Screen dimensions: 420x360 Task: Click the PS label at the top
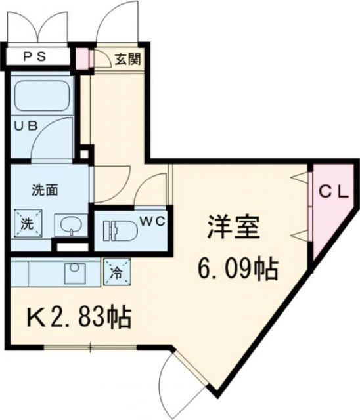(37, 56)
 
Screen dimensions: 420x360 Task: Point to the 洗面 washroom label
(45, 191)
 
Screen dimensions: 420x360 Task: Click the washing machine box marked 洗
(27, 223)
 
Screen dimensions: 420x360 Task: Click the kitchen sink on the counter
(74, 272)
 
